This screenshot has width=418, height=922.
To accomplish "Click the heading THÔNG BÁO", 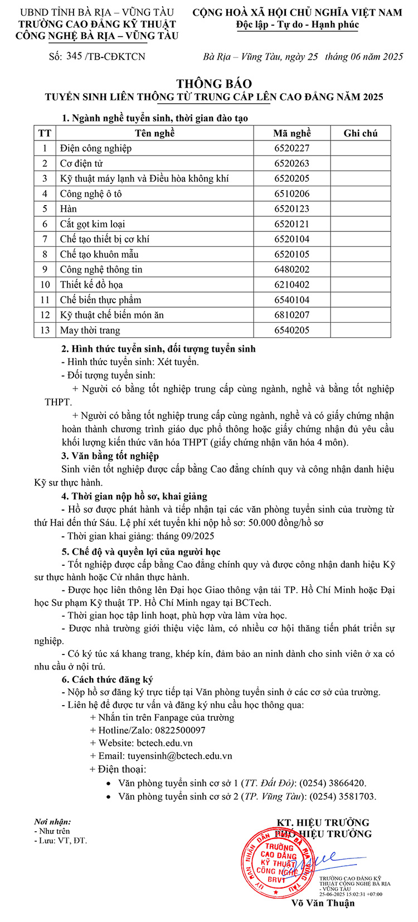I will [x=214, y=84].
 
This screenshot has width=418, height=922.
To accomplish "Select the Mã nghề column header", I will [x=291, y=133].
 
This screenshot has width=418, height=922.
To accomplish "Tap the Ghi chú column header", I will [x=360, y=133].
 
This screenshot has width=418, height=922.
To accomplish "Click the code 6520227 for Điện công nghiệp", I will [x=291, y=148].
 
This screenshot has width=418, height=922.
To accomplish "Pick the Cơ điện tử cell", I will [x=81, y=163].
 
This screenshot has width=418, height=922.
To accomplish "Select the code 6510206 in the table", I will [x=291, y=194].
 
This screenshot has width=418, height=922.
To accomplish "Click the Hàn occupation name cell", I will [x=69, y=209].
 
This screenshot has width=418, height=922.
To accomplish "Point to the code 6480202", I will [x=291, y=269].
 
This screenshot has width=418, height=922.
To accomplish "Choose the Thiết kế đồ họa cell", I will [x=91, y=284].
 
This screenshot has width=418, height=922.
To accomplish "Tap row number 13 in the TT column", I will [x=45, y=330].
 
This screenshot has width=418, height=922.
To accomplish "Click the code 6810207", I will [x=291, y=315].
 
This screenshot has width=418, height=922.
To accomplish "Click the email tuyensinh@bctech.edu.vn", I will [x=179, y=756].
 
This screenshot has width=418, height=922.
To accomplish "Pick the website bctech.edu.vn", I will [x=164, y=743].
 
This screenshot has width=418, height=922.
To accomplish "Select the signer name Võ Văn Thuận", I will [x=323, y=903].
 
